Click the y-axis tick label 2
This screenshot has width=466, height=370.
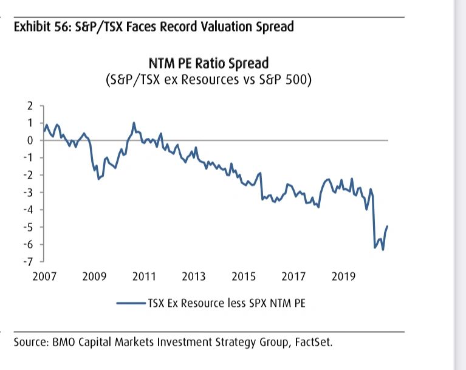31,106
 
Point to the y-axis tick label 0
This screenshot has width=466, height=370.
31,140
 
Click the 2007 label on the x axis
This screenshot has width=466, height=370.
44,276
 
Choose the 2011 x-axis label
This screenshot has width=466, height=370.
144,276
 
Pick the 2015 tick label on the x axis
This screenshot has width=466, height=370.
244,276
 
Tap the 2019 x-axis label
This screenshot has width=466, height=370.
344,276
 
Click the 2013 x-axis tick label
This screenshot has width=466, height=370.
194,276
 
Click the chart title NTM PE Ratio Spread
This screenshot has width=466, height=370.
208,64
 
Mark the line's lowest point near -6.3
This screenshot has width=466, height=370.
383,249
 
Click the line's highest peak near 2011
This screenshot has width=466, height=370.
134,123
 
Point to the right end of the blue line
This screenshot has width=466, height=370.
388,226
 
